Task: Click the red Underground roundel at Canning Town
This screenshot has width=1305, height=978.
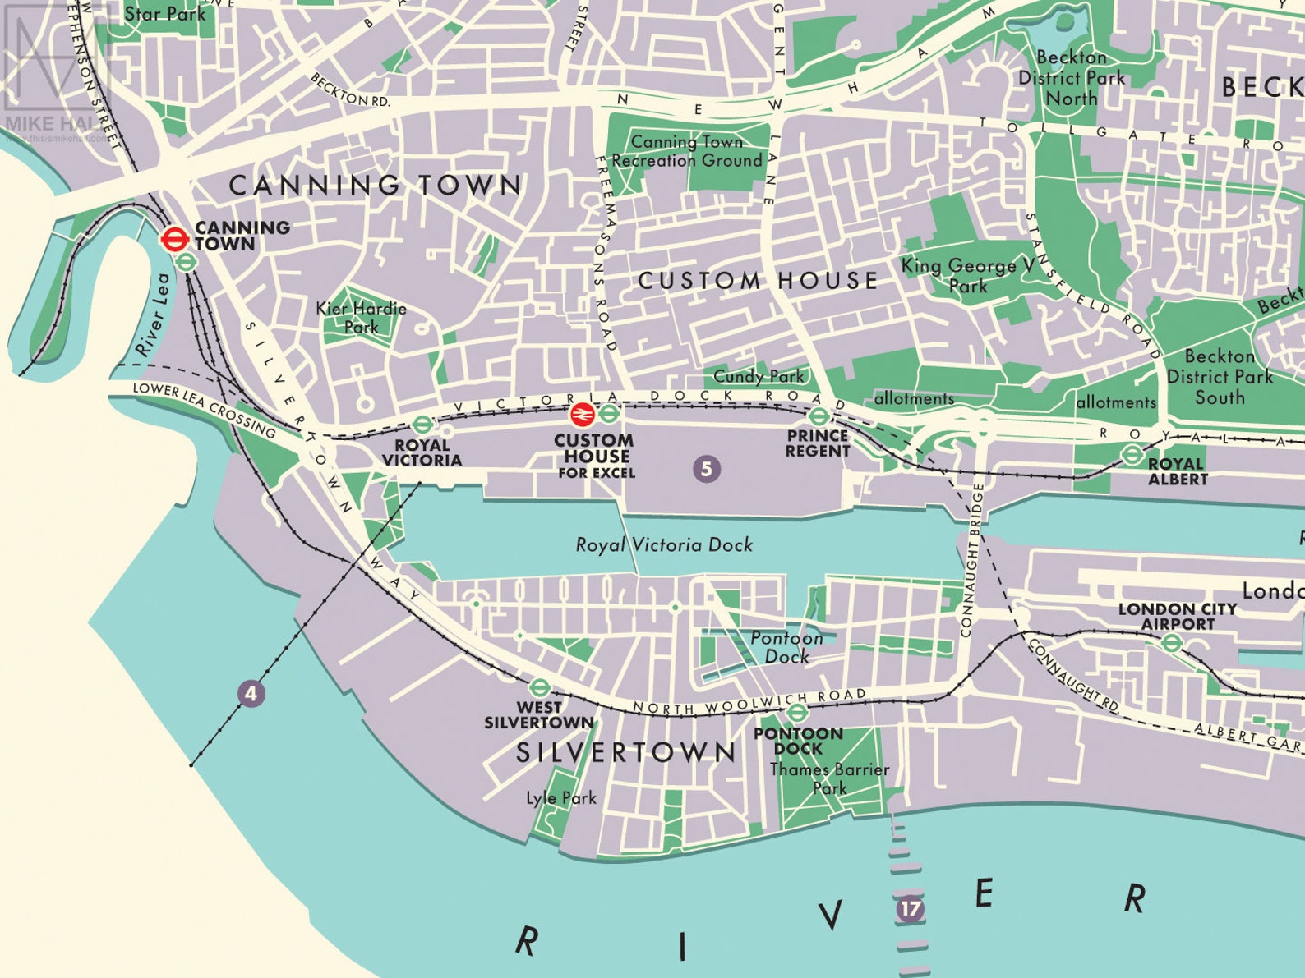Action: click(174, 239)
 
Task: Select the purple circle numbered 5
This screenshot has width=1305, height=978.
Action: click(706, 469)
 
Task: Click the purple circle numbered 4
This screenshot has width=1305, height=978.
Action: click(251, 694)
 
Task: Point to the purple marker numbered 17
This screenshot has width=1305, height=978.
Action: click(909, 909)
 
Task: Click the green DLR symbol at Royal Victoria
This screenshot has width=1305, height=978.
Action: click(422, 425)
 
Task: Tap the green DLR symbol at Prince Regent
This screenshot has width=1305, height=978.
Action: click(819, 416)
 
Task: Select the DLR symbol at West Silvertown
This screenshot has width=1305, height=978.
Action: click(539, 687)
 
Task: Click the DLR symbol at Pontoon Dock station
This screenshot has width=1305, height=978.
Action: click(797, 712)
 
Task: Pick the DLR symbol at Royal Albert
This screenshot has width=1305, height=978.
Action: click(1132, 455)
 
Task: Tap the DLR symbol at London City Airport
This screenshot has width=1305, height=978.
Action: click(1172, 643)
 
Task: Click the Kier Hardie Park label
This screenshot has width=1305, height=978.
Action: click(362, 318)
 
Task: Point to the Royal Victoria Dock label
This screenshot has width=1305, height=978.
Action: click(664, 544)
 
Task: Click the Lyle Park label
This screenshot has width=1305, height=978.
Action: click(561, 797)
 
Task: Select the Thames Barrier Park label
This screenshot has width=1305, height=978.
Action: click(829, 778)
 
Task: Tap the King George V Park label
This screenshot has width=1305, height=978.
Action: click(967, 276)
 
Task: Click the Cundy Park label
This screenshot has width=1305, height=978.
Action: click(759, 376)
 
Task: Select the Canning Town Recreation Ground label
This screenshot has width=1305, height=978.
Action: click(687, 151)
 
